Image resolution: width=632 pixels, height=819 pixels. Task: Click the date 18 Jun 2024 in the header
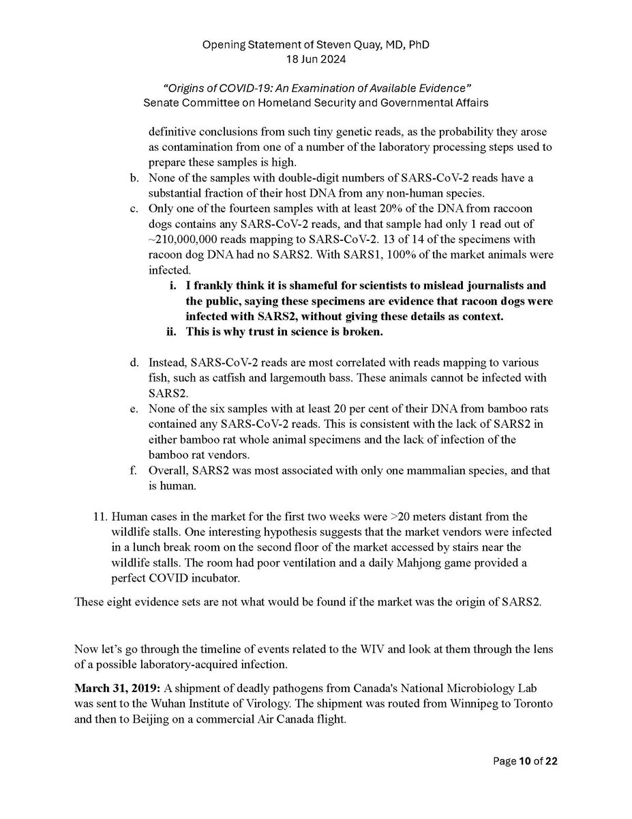tap(316, 60)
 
